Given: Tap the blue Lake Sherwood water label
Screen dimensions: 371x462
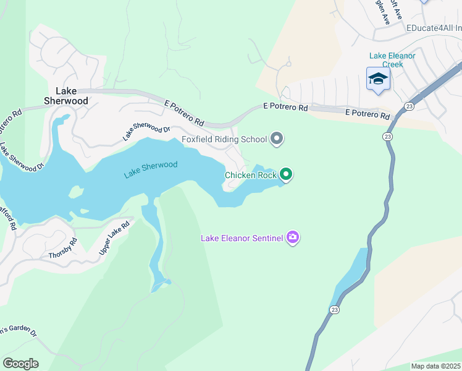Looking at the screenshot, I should point(150,169).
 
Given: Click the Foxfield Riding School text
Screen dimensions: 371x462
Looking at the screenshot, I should point(224,139).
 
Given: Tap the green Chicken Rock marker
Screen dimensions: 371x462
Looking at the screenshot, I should point(285,175).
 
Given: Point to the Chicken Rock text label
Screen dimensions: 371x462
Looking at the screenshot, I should point(250,175).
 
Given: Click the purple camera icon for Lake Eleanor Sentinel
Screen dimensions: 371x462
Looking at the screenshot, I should point(293,237).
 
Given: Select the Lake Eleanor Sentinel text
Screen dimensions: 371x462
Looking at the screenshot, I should point(241,238).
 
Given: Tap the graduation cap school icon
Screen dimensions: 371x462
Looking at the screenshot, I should point(378,80).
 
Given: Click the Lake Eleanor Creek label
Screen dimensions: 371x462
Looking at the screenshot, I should point(392,60).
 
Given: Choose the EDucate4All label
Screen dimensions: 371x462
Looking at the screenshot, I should point(433,28).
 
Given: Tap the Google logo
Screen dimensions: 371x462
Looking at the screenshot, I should point(20,364).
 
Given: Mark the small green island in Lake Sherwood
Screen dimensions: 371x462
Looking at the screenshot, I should point(76,192).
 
